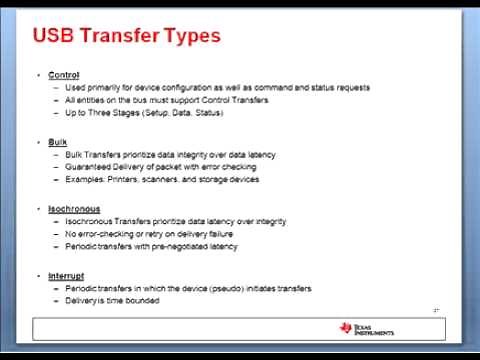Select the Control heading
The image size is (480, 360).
[x=63, y=76]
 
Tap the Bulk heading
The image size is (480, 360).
[x=57, y=142]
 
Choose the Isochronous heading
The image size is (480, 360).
[x=73, y=209]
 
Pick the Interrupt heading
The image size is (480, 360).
[x=66, y=275]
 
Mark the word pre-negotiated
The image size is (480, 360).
[x=182, y=246]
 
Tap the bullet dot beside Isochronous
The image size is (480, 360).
[x=39, y=209]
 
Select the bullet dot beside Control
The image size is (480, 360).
[x=39, y=76]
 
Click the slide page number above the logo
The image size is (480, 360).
[x=436, y=312]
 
